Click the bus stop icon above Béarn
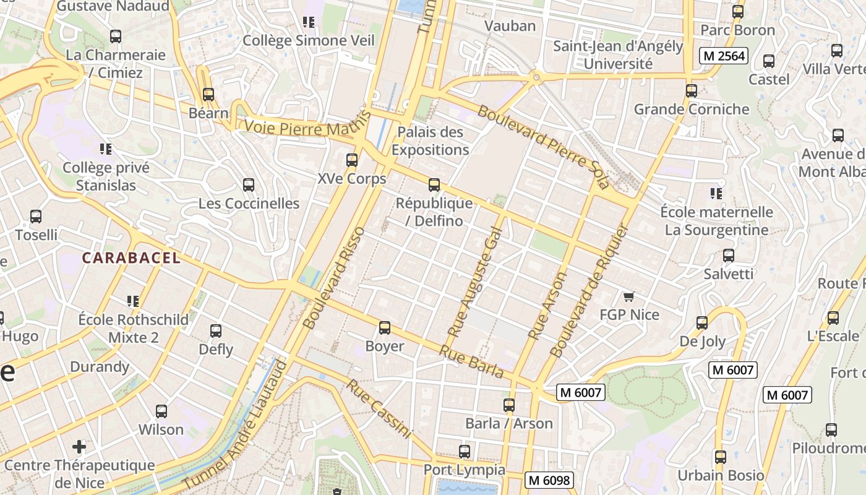(208, 95)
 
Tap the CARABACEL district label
(131, 258)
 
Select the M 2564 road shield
(724, 56)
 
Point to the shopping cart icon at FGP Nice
(629, 296)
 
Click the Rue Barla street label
(471, 361)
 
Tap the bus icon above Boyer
(385, 328)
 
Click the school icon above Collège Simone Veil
(309, 22)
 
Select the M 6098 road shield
(549, 480)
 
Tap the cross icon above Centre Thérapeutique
(79, 446)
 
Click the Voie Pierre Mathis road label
(307, 126)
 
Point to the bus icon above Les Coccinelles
(249, 185)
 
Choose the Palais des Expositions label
(430, 141)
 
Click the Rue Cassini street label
(379, 408)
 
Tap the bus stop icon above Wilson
(161, 411)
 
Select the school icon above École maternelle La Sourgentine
(716, 194)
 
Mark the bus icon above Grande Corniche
(692, 91)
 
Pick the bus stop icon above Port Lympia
(465, 452)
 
